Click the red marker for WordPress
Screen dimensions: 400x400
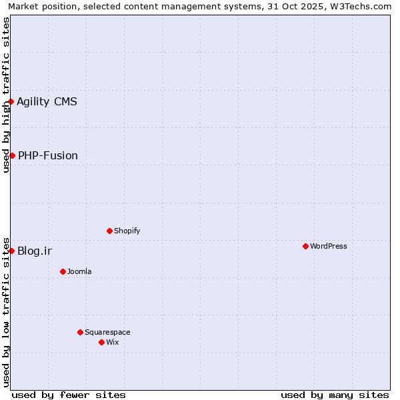coord(305,246)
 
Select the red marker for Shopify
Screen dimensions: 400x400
coord(109,231)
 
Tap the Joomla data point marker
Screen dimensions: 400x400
coord(63,271)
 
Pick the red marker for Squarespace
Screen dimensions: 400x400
coord(80,332)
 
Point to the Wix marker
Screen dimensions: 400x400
coord(101,342)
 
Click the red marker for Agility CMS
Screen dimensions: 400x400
coord(11,101)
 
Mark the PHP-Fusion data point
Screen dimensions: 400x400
coord(12,155)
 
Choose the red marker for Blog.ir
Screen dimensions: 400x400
coord(11,251)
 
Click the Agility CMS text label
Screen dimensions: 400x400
coord(47,101)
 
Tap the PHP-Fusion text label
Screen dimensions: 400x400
coord(48,155)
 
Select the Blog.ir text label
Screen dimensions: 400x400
coord(35,251)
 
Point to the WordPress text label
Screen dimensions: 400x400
coord(329,246)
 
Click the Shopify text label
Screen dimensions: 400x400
coord(127,231)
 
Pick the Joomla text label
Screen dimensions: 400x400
coord(79,271)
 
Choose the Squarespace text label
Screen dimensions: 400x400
coord(107,332)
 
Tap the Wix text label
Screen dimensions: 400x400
coord(112,342)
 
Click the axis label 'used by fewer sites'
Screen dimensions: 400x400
coord(69,395)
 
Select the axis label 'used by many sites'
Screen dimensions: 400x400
coord(335,395)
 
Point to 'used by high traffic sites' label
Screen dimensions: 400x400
coord(6,95)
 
